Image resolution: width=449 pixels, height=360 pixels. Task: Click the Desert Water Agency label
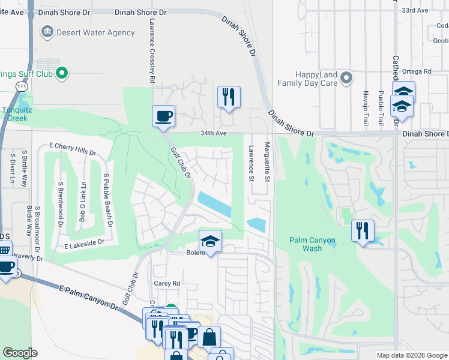87,32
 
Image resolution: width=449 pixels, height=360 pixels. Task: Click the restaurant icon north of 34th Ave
229,97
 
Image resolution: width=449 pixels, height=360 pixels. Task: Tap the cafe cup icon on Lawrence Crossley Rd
163,116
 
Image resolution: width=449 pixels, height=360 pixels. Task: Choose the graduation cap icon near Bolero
210,241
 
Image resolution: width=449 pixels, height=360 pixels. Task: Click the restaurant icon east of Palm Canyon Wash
363,231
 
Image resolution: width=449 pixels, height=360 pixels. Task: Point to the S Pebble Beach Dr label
108,201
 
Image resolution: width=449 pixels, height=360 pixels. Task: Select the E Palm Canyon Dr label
90,298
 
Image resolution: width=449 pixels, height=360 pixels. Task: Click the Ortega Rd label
420,71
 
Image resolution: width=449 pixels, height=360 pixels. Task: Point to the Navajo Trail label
366,108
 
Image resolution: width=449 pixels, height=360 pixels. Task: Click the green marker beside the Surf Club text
61,74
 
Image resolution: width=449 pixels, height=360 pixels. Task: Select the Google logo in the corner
20,353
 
